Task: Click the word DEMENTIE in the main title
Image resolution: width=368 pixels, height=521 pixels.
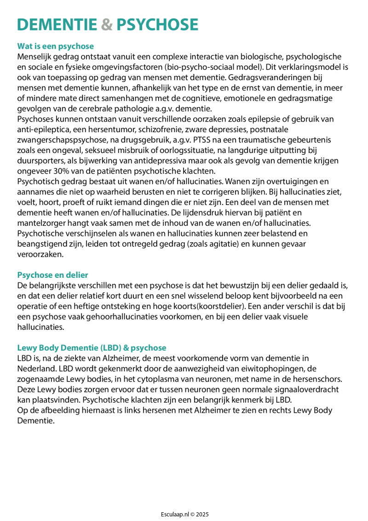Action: point(57,24)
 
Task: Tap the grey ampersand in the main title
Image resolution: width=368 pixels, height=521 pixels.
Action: point(107,24)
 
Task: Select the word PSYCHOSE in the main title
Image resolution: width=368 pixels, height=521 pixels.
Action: point(157,24)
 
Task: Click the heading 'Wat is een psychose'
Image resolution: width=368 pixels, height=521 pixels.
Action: point(55,47)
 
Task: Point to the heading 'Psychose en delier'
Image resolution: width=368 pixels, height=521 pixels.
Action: point(52,275)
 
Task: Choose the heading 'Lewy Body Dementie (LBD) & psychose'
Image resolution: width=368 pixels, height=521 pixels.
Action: point(92,348)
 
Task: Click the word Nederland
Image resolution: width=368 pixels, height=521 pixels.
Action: point(36,369)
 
